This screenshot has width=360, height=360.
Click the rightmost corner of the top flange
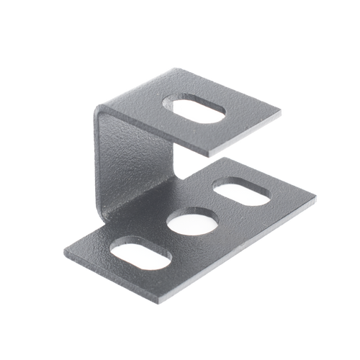282,111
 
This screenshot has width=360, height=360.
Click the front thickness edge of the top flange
245,138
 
